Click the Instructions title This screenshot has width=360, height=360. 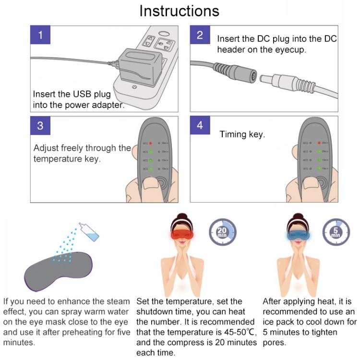pos(179,11)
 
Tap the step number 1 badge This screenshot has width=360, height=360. pos(41,35)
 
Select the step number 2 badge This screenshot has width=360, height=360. pos(200,35)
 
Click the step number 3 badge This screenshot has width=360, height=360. pos(41,125)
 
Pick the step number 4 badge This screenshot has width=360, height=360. pos(200,125)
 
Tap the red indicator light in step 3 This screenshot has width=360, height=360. pos(150,143)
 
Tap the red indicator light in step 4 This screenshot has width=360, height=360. pos(318,143)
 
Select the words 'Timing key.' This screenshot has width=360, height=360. pos(242,135)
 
